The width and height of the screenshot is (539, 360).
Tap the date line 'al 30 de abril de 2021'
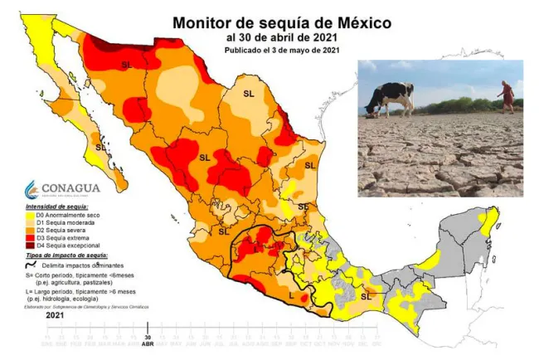pyautogui.click(x=282, y=37)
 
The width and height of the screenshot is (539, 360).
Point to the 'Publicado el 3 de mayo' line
pyautogui.click(x=282, y=51)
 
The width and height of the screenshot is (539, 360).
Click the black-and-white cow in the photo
pyautogui.click(x=391, y=98)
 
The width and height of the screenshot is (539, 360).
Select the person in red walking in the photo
pyautogui.click(x=506, y=95)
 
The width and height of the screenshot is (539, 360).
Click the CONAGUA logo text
pyautogui.click(x=61, y=187)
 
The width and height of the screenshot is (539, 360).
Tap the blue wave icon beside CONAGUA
pyautogui.click(x=32, y=188)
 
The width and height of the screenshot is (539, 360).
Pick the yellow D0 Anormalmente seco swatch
pyautogui.click(x=29, y=215)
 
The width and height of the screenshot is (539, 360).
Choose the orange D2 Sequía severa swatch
pyautogui.click(x=29, y=230)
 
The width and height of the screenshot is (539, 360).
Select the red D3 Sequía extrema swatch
pyautogui.click(x=29, y=238)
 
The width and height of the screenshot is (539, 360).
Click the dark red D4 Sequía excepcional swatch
pyautogui.click(x=29, y=246)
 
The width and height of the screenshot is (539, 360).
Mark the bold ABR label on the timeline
pyautogui.click(x=148, y=343)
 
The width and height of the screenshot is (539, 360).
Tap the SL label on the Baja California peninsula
pyautogui.click(x=100, y=147)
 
